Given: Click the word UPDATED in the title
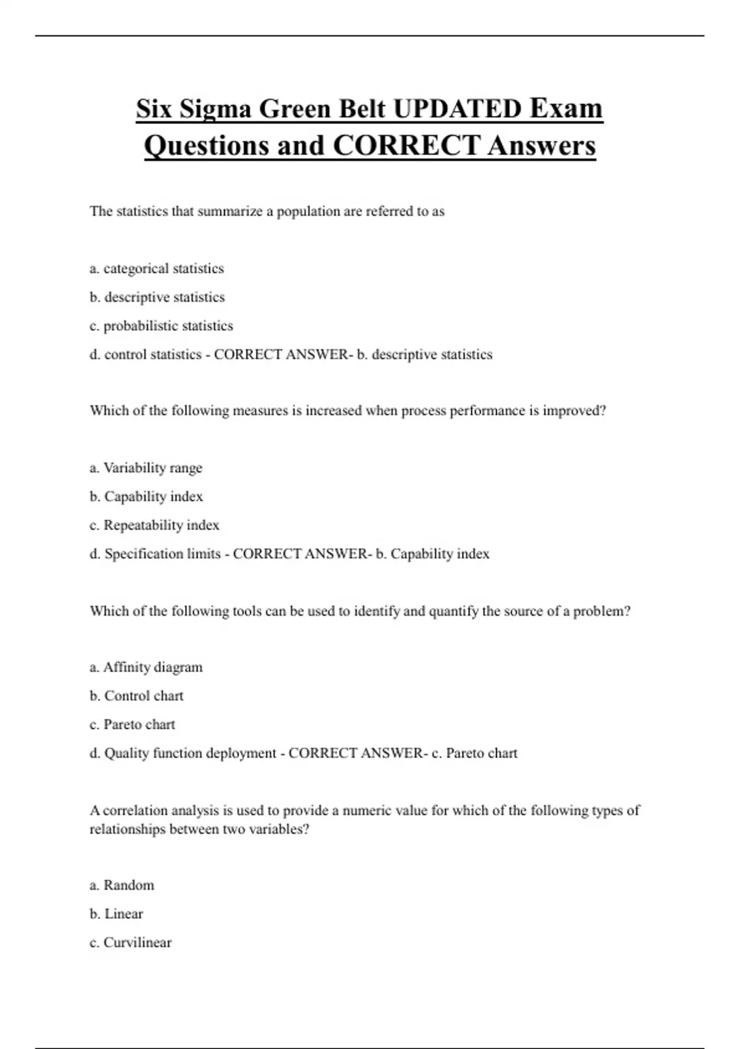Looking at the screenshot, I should pos(457,109).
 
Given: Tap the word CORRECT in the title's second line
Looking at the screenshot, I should pos(406,146).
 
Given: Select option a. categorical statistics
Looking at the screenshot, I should pos(157,268).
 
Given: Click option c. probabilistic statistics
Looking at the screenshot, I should pos(161,326).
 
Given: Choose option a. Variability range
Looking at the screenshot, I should pos(146,468).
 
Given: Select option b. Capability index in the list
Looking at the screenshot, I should pos(146,497).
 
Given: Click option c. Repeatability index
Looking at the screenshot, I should pos(154,525).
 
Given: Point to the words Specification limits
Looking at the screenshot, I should pos(162,554).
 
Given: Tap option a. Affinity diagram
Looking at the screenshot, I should pos(146,667).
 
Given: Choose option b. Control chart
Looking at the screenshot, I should pos(136,696).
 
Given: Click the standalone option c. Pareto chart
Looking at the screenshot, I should pos(132,724).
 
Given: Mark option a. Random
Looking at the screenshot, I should pos(122,885).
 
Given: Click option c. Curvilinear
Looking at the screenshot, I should pos(131,943).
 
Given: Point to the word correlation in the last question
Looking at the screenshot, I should pos(135,810).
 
